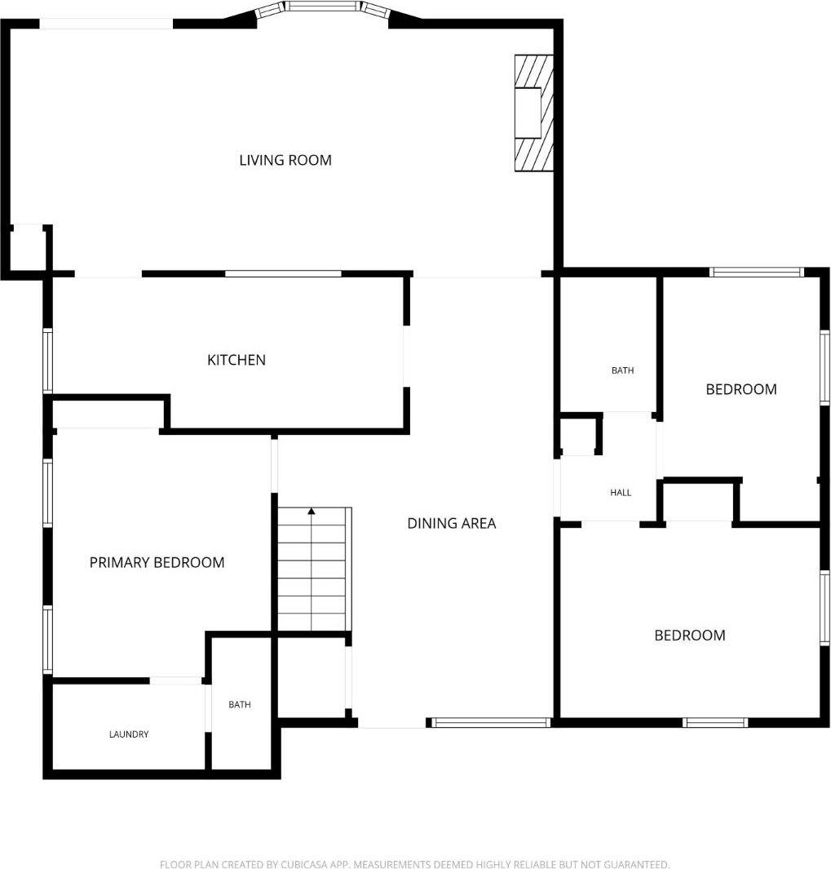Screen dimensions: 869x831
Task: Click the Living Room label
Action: pyautogui.click(x=285, y=160)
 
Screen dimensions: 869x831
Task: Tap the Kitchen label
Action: pyautogui.click(x=236, y=360)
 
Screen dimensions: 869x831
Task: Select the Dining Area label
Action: pyautogui.click(x=451, y=523)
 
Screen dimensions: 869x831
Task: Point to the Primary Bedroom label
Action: pyautogui.click(x=157, y=562)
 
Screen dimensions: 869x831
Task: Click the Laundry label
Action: pyautogui.click(x=129, y=734)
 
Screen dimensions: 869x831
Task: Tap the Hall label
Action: pyautogui.click(x=621, y=492)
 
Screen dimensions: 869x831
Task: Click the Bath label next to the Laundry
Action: pyautogui.click(x=240, y=704)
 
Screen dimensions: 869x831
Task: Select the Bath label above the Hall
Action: pyautogui.click(x=622, y=370)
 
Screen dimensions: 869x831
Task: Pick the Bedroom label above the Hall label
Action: pyautogui.click(x=740, y=389)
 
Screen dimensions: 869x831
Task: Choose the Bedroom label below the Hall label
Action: pyautogui.click(x=689, y=635)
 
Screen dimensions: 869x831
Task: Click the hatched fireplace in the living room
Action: pyautogui.click(x=533, y=113)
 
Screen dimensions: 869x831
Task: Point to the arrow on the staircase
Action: pyautogui.click(x=312, y=512)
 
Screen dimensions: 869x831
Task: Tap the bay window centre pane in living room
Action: pyautogui.click(x=324, y=7)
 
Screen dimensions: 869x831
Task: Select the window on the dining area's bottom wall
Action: pyautogui.click(x=490, y=722)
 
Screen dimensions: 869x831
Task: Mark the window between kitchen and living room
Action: pyautogui.click(x=283, y=273)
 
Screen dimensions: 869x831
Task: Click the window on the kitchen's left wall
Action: pyautogui.click(x=47, y=360)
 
